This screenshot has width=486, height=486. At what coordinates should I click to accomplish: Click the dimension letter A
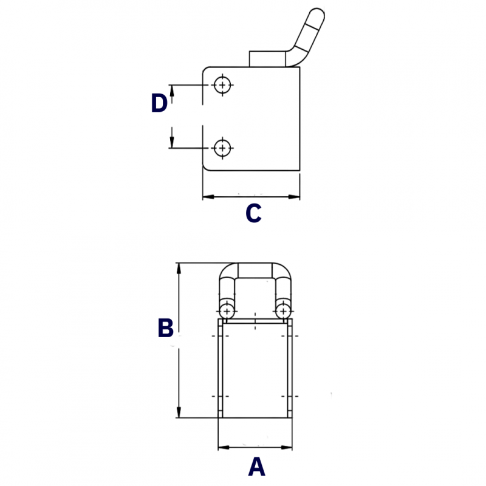tap(256, 467)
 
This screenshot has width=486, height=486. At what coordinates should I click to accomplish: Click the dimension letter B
tap(165, 327)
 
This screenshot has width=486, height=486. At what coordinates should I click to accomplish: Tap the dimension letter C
tap(253, 213)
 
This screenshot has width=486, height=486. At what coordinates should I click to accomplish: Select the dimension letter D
tap(159, 103)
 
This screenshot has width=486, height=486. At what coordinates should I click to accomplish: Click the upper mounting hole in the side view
tap(222, 84)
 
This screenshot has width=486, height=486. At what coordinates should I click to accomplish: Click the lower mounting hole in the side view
tap(222, 148)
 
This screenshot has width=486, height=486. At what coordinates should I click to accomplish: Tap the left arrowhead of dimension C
tap(208, 197)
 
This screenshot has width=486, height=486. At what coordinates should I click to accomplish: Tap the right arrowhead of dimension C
tap(294, 197)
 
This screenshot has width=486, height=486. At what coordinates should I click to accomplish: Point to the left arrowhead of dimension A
tap(224, 447)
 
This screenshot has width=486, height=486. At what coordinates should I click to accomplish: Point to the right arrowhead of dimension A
tap(286, 447)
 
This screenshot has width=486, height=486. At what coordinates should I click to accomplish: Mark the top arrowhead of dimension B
tap(179, 269)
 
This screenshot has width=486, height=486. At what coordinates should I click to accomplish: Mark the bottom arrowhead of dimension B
tap(179, 412)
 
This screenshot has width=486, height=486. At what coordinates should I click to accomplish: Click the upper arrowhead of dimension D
tap(172, 91)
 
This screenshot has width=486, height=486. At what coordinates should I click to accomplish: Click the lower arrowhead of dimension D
tap(172, 142)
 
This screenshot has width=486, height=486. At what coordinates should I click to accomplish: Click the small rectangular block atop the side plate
tap(267, 59)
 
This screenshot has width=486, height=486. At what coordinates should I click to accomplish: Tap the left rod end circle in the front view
tap(227, 311)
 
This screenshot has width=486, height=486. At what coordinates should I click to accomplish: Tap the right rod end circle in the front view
tap(283, 311)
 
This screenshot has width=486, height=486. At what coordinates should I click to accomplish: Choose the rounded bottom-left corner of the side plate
tap(205, 168)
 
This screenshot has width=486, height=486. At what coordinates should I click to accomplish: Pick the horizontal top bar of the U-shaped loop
tap(255, 270)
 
